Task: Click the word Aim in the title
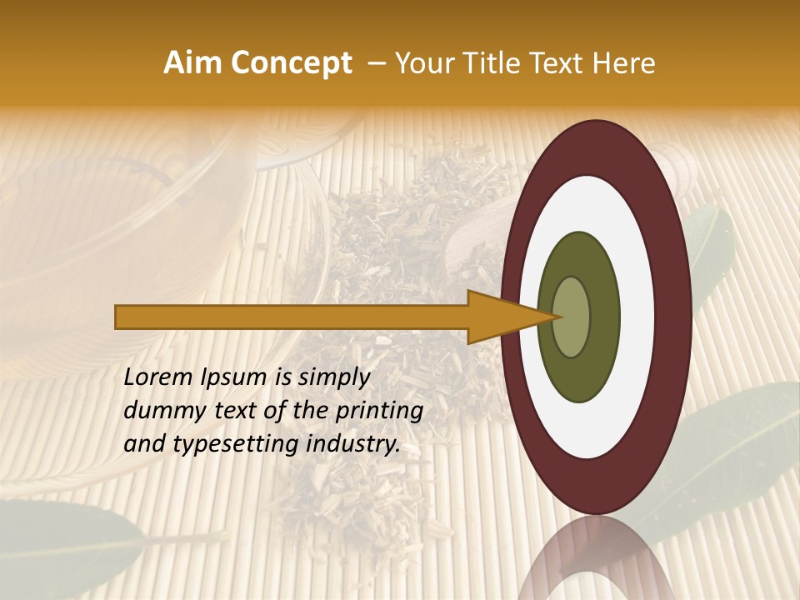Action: (193, 63)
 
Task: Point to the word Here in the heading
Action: (624, 63)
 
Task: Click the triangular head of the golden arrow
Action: (508, 317)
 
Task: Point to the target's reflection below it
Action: (596, 558)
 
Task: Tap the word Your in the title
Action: (421, 63)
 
